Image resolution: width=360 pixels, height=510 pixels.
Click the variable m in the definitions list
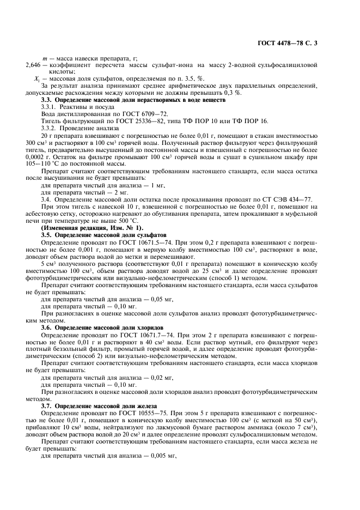click(x=45, y=58)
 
